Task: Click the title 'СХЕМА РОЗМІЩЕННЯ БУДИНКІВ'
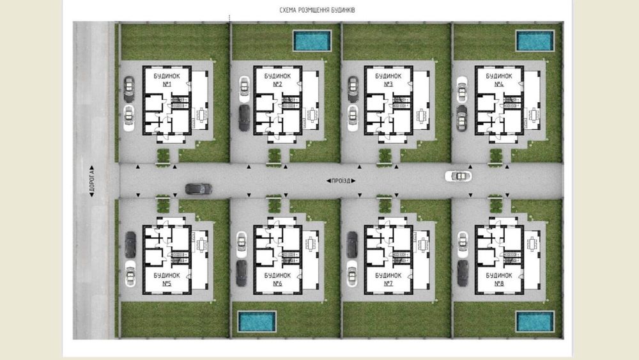pyautogui.click(x=317, y=10)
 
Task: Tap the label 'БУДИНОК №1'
pyautogui.click(x=167, y=80)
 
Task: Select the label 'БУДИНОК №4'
pyautogui.click(x=499, y=80)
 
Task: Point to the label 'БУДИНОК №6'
pyautogui.click(x=277, y=279)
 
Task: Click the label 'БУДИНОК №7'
pyautogui.click(x=389, y=279)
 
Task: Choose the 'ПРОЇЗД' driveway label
pyautogui.click(x=341, y=180)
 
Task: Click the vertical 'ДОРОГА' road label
pyautogui.click(x=91, y=181)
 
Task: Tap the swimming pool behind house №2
pyautogui.click(x=312, y=41)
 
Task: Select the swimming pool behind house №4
pyautogui.click(x=535, y=41)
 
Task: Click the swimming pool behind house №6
pyautogui.click(x=257, y=321)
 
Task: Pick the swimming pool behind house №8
pyautogui.click(x=535, y=321)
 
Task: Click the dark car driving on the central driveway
pyautogui.click(x=199, y=189)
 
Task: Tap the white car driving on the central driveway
pyautogui.click(x=458, y=176)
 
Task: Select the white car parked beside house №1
pyautogui.click(x=129, y=118)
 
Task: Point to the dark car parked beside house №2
pyautogui.click(x=244, y=118)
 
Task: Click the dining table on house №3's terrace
pyautogui.click(x=421, y=115)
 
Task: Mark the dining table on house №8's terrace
pyautogui.click(x=532, y=244)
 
